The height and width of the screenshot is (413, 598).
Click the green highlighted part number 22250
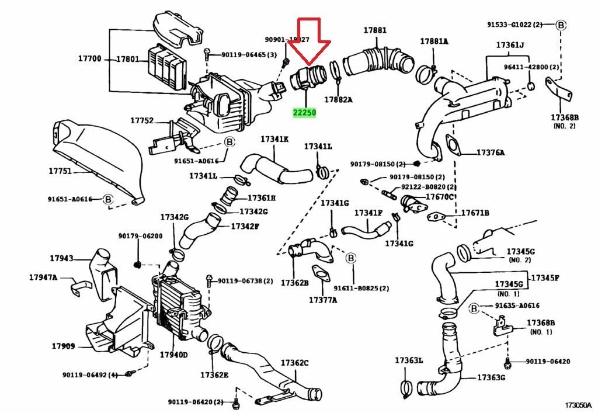click(305, 112)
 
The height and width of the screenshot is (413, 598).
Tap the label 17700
click(90, 59)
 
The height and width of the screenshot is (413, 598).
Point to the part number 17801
click(127, 59)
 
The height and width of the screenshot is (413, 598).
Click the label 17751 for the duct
click(60, 172)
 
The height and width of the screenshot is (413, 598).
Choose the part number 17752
click(141, 121)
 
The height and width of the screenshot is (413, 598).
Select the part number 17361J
click(510, 45)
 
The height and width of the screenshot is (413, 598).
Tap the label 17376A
click(491, 152)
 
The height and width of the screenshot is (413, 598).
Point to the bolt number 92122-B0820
click(425, 188)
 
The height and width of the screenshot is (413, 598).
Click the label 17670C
click(439, 197)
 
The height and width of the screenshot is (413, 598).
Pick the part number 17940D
click(173, 355)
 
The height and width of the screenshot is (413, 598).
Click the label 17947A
click(43, 277)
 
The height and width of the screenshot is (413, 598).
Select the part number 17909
click(62, 346)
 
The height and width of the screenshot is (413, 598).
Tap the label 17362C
click(294, 363)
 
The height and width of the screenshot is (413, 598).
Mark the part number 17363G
click(491, 377)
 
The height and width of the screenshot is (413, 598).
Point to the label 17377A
click(323, 300)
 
